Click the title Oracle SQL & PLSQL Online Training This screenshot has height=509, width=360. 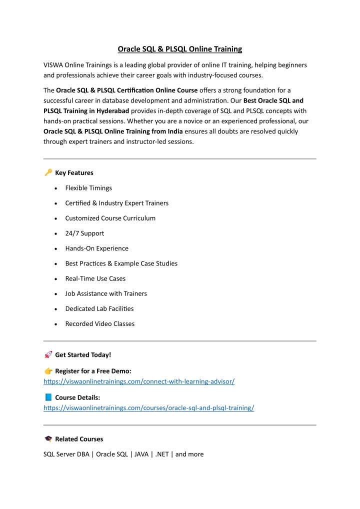pyautogui.click(x=179, y=49)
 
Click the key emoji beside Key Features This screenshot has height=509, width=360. pyautogui.click(x=48, y=172)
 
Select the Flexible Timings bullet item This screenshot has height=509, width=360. pyautogui.click(x=88, y=188)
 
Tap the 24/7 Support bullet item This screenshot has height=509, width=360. pyautogui.click(x=84, y=233)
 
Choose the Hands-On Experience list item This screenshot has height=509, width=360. pyautogui.click(x=96, y=248)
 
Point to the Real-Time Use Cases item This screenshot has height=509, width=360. pyautogui.click(x=95, y=278)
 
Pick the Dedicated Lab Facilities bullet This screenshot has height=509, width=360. pyautogui.click(x=99, y=308)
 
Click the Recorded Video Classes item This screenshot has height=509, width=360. pyautogui.click(x=99, y=323)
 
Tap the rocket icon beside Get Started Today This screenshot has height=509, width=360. pyautogui.click(x=48, y=354)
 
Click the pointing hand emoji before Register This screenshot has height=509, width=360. pyautogui.click(x=48, y=370)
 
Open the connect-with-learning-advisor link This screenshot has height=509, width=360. pyautogui.click(x=139, y=381)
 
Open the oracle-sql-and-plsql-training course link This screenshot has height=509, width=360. pyautogui.click(x=149, y=407)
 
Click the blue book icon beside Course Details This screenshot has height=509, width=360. pyautogui.click(x=48, y=397)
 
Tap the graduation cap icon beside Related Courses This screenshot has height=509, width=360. pyautogui.click(x=48, y=438)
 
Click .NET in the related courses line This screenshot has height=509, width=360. pyautogui.click(x=162, y=454)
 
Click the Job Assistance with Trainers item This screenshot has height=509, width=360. pyautogui.click(x=106, y=293)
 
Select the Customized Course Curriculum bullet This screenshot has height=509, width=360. pyautogui.click(x=110, y=218)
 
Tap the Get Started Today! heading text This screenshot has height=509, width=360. pyautogui.click(x=83, y=354)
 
